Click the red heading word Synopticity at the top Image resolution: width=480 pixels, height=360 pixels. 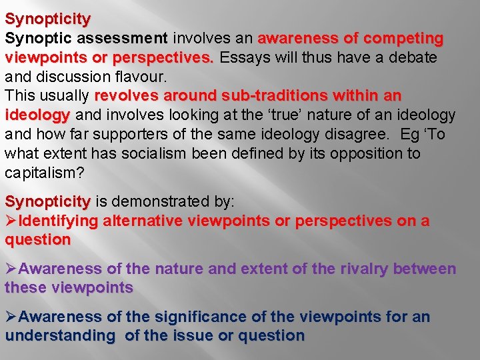47,19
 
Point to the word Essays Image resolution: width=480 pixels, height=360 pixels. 246,57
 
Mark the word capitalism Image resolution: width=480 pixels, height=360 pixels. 43,173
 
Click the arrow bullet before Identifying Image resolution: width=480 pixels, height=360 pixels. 11,221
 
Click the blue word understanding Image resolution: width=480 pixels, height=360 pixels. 60,336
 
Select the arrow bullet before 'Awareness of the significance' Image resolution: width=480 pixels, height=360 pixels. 11,317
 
